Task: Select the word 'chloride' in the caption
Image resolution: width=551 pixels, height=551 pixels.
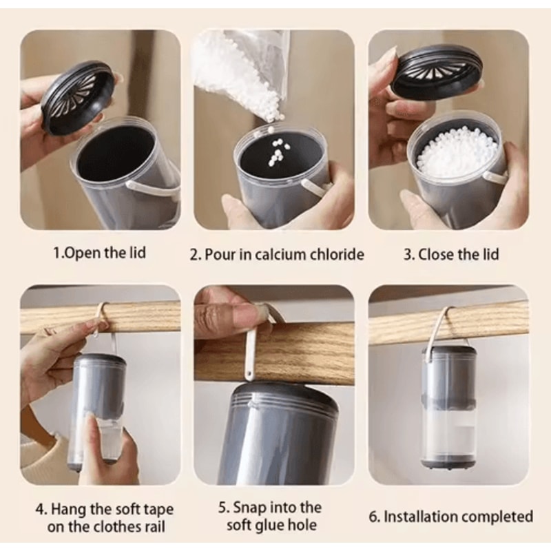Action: click(x=337, y=254)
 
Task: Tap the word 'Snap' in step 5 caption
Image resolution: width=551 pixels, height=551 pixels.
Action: click(x=249, y=508)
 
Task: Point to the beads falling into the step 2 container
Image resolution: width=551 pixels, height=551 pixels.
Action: click(x=278, y=150)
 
